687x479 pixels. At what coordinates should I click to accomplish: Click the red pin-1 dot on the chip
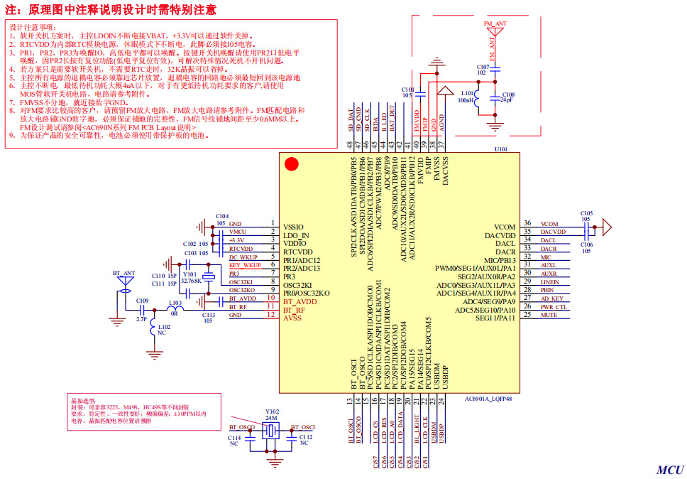(291, 164)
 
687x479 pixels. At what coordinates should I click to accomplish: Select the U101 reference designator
(501, 149)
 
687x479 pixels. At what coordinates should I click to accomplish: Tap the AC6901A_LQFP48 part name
(488, 399)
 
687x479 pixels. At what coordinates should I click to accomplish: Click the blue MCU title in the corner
(669, 469)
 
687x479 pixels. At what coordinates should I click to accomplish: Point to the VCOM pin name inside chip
(505, 227)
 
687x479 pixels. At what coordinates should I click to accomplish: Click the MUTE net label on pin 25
(549, 314)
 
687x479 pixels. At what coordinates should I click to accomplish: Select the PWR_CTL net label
(554, 306)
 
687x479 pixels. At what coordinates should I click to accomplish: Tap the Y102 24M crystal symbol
(272, 432)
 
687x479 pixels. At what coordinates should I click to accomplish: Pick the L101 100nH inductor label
(467, 97)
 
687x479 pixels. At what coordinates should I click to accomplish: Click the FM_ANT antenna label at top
(495, 23)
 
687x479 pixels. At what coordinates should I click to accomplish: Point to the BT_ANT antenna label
(123, 272)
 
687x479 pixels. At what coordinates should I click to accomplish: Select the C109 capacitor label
(143, 301)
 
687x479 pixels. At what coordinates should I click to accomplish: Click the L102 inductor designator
(164, 327)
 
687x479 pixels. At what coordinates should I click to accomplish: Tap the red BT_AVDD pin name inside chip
(301, 301)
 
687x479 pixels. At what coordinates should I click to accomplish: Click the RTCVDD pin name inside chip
(297, 252)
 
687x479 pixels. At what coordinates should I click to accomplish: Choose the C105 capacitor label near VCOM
(586, 213)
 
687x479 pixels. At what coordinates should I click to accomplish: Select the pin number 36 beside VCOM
(527, 223)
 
